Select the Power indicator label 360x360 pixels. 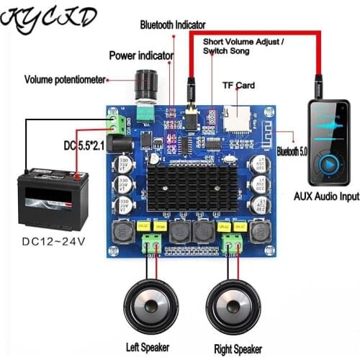click(141, 55)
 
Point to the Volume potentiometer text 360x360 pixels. click(65, 79)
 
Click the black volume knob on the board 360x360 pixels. click(146, 84)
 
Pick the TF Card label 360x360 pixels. click(239, 84)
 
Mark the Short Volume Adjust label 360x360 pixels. click(243, 47)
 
